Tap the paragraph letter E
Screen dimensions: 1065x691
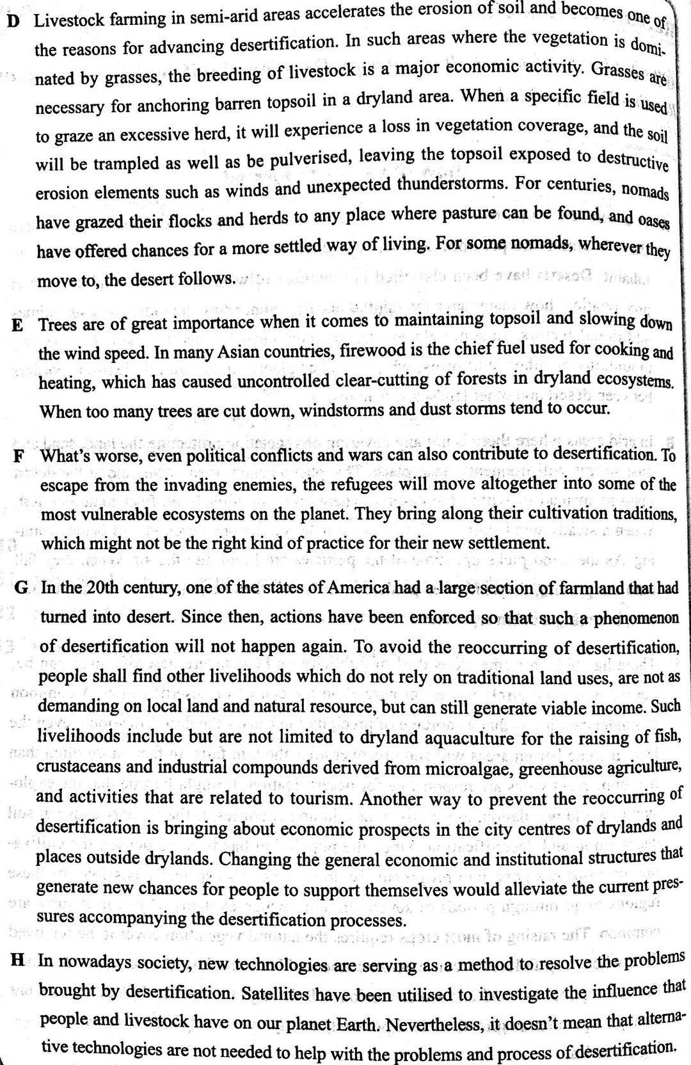pos(18,325)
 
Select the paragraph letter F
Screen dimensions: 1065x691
pos(19,457)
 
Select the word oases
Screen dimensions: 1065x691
pos(653,221)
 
